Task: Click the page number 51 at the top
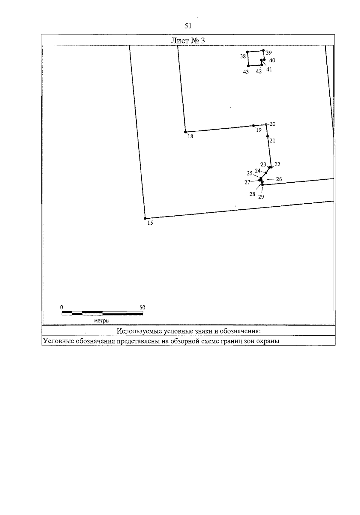click(x=188, y=26)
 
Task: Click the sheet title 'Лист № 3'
click(x=188, y=40)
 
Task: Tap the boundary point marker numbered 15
click(x=145, y=218)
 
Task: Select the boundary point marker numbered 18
click(x=185, y=132)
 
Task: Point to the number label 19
click(x=258, y=130)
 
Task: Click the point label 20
click(x=272, y=124)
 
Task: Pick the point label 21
click(x=272, y=140)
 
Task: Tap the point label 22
click(x=277, y=164)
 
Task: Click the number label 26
click(x=279, y=179)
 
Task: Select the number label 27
click(x=247, y=182)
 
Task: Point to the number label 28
click(x=252, y=194)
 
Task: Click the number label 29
click(x=261, y=197)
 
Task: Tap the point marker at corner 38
click(x=247, y=52)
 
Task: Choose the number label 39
click(x=269, y=52)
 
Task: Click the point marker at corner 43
click(x=248, y=66)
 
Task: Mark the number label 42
click(x=259, y=71)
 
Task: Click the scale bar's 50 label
click(x=142, y=307)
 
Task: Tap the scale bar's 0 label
click(x=61, y=307)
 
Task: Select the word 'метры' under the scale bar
click(x=102, y=321)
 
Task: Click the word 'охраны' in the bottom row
click(x=269, y=341)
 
